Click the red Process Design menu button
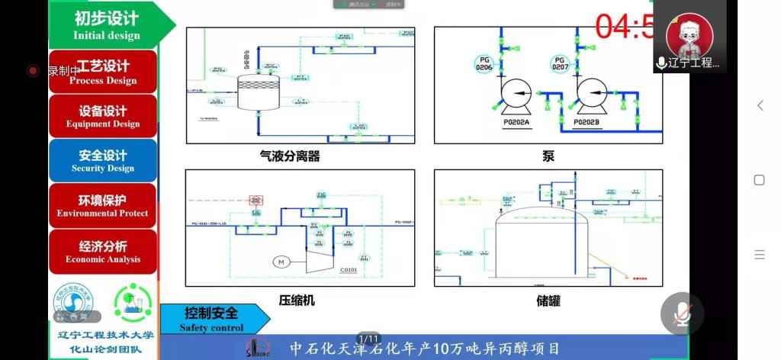point(103,72)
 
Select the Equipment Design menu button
point(103,116)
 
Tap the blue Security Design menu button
point(103,160)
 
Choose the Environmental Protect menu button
point(103,205)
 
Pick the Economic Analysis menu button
point(103,251)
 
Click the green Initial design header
point(107,24)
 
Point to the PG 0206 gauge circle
point(484,63)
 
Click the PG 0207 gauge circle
point(560,63)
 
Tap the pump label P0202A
point(516,122)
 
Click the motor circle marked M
point(281,262)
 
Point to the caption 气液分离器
point(289,156)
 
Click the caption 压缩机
point(297,301)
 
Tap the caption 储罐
point(548,301)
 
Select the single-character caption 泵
point(548,156)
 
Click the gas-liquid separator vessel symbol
point(259,92)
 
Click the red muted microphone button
point(681,313)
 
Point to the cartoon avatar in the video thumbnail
point(689,35)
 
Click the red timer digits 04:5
point(624,27)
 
